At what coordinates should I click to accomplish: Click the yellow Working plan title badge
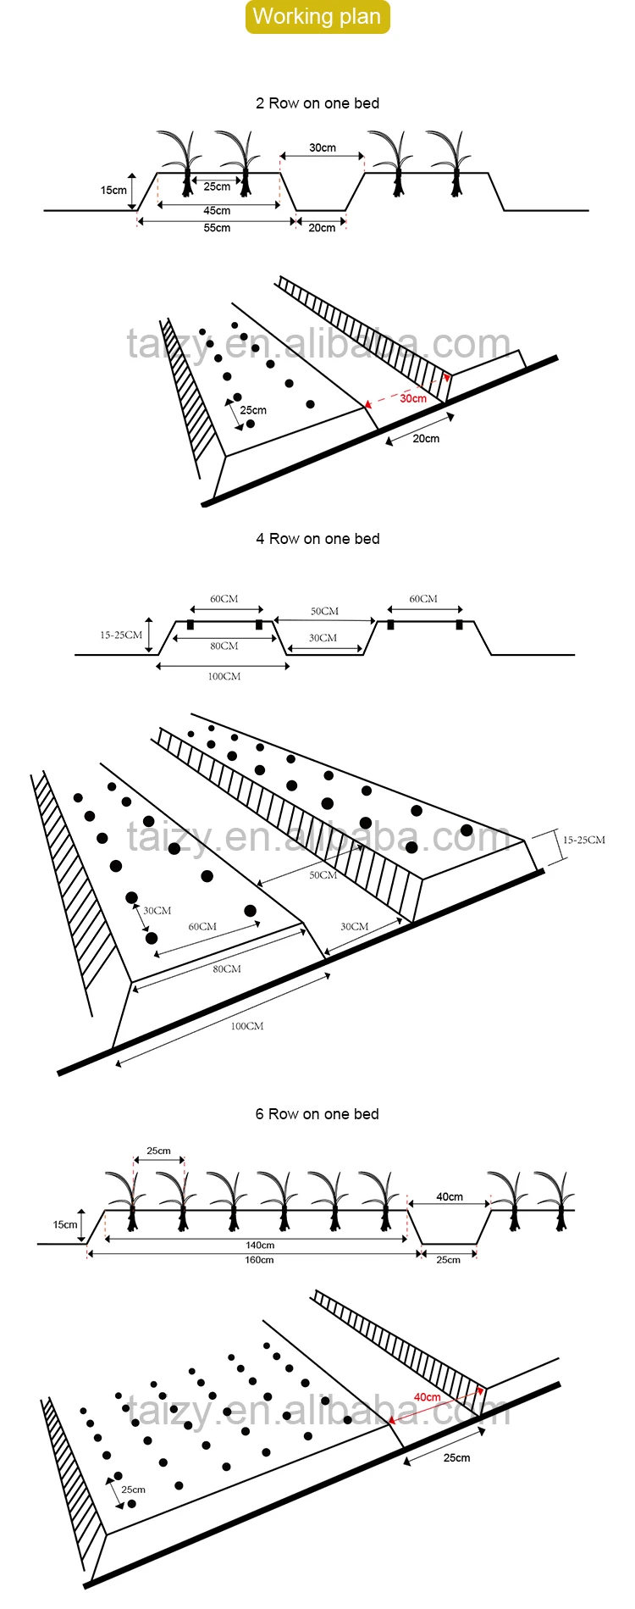click(x=317, y=17)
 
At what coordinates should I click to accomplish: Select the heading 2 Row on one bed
click(x=317, y=103)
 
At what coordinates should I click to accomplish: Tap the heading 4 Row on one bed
click(x=317, y=539)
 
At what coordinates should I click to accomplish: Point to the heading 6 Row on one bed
click(x=317, y=1114)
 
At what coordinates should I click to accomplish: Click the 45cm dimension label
click(x=217, y=211)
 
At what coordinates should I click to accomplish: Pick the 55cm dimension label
click(x=217, y=228)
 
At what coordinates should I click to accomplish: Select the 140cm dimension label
click(x=260, y=1246)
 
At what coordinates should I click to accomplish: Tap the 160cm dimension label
click(x=259, y=1260)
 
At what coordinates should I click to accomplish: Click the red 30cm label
click(x=413, y=398)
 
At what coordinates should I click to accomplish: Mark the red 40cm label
click(x=427, y=1397)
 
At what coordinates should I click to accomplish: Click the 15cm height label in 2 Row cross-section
click(x=113, y=191)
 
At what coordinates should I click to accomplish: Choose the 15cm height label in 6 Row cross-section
click(x=65, y=1225)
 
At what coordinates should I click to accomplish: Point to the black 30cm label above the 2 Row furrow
click(x=322, y=148)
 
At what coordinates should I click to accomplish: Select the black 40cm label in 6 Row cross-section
click(x=450, y=1197)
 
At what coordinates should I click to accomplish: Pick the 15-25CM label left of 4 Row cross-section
click(x=121, y=635)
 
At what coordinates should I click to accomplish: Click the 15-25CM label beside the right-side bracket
click(x=584, y=841)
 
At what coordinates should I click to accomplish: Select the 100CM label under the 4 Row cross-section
click(x=224, y=676)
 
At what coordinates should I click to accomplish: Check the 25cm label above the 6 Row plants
click(x=158, y=1151)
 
